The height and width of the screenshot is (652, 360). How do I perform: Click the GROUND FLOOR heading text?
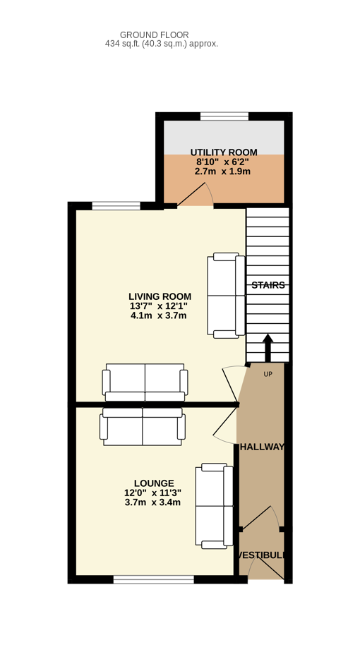155,35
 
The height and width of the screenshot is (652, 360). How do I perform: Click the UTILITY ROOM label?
224,152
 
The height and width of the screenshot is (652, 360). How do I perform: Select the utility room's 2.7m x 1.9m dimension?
222,171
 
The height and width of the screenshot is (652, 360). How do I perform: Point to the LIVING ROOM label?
160,296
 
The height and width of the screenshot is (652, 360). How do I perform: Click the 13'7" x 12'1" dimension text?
159,306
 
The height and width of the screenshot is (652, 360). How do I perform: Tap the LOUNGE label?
154,483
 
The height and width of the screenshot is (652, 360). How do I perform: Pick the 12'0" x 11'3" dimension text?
152,493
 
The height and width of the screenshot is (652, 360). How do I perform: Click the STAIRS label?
268,285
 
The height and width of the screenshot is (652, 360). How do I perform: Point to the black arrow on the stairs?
268,348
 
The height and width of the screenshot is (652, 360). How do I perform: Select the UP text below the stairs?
268,374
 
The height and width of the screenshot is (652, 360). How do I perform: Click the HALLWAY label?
263,447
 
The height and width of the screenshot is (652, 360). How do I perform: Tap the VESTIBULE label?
262,555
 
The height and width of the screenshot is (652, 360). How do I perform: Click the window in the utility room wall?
224,116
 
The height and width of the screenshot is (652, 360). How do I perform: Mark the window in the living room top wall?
116,206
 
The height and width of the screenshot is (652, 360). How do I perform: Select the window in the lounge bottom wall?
154,579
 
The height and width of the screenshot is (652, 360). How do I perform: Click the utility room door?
196,194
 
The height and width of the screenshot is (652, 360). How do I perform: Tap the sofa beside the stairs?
226,295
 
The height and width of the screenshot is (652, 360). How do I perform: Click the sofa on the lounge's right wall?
215,506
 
